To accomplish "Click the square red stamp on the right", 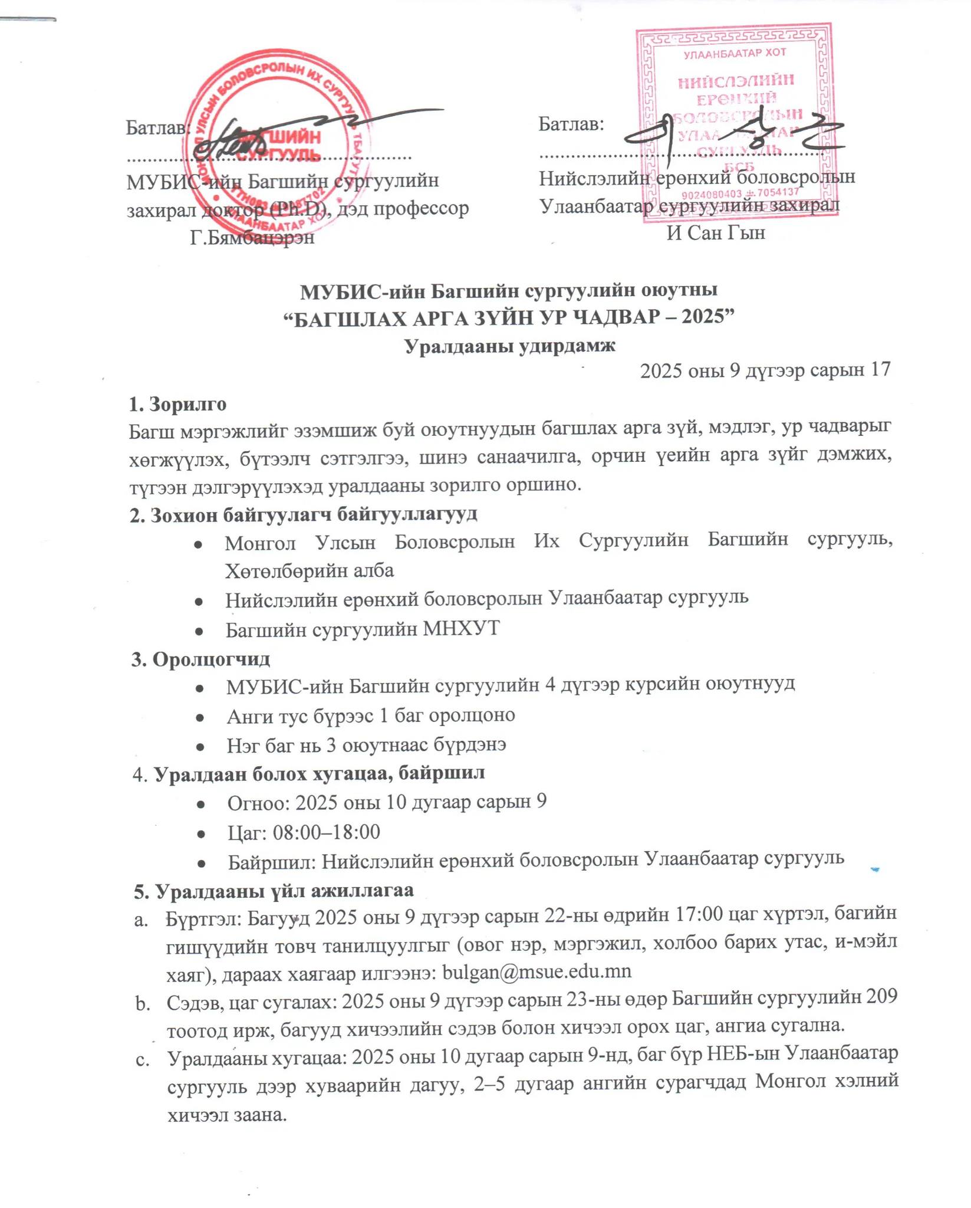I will coord(736,121).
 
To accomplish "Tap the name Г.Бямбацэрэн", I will coord(252,237).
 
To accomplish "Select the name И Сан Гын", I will coord(716,233).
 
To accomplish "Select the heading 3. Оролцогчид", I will coord(200,658).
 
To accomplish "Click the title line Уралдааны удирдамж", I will coord(510,346).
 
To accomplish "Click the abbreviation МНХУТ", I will coord(462,629).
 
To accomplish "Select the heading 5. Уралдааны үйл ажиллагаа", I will coord(274,891).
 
